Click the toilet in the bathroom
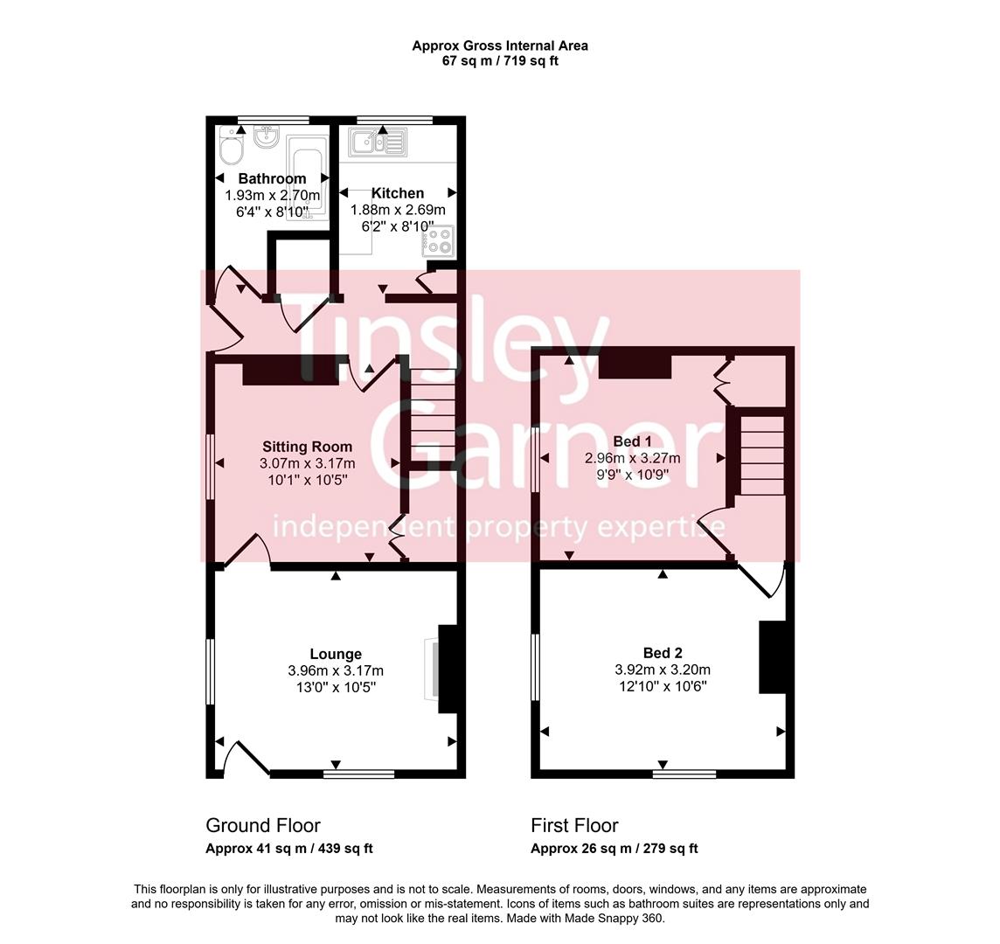point(232,150)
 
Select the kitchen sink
point(378,142)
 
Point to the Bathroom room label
point(272,179)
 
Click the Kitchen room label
point(398,193)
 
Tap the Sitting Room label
point(307,447)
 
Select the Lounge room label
point(336,654)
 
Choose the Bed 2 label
point(663,653)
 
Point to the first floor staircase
point(762,455)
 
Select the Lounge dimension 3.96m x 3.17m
point(336,671)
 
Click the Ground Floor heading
point(263,825)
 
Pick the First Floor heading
point(574,825)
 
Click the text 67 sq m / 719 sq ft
point(500,61)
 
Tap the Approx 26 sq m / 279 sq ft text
point(614,849)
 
